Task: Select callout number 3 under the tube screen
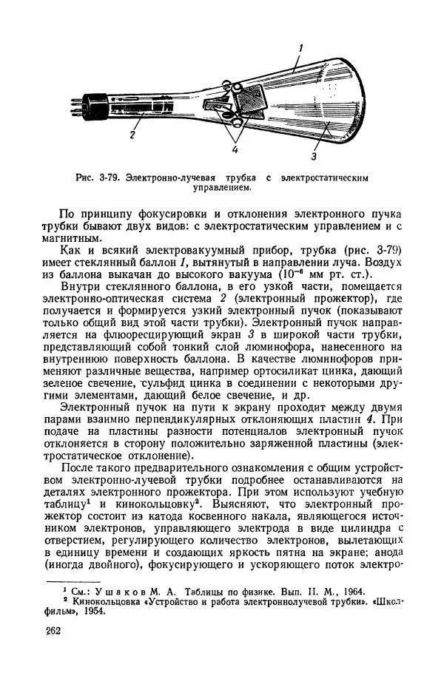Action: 314,156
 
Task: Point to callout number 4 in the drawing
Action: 235,150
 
